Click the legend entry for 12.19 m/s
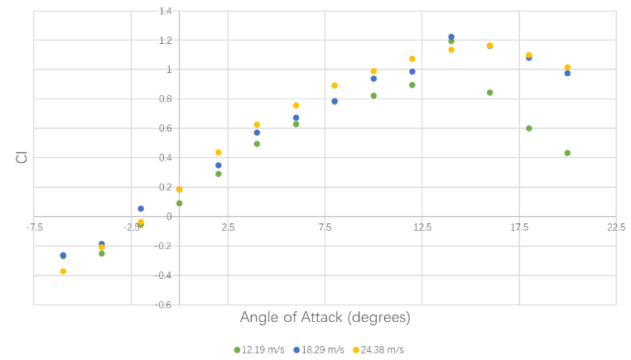259,350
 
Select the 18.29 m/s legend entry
319,350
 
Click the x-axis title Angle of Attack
325,318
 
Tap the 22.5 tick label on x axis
615,228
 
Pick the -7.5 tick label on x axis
34,228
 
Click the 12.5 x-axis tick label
422,228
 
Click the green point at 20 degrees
567,153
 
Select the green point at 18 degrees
528,128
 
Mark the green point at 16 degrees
489,93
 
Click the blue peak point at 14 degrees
451,37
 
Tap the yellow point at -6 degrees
63,271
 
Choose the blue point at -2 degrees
141,209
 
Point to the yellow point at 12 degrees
412,59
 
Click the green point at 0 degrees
179,204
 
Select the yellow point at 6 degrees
296,105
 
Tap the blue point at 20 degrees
567,74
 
